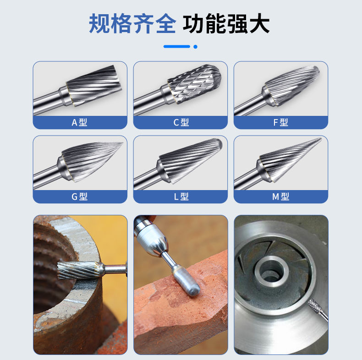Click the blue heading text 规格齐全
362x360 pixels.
point(132,23)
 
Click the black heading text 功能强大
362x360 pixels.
point(226,23)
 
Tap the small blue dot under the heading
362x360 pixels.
point(195,47)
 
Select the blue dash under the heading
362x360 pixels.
point(176,47)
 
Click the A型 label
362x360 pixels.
point(79,122)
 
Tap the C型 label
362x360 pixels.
point(181,122)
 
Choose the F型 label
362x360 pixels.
point(281,122)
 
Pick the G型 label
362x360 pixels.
point(79,196)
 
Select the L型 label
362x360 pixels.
point(181,196)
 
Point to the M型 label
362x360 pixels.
point(281,196)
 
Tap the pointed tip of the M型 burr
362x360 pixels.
point(321,138)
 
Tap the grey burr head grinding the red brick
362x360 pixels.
point(186,281)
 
